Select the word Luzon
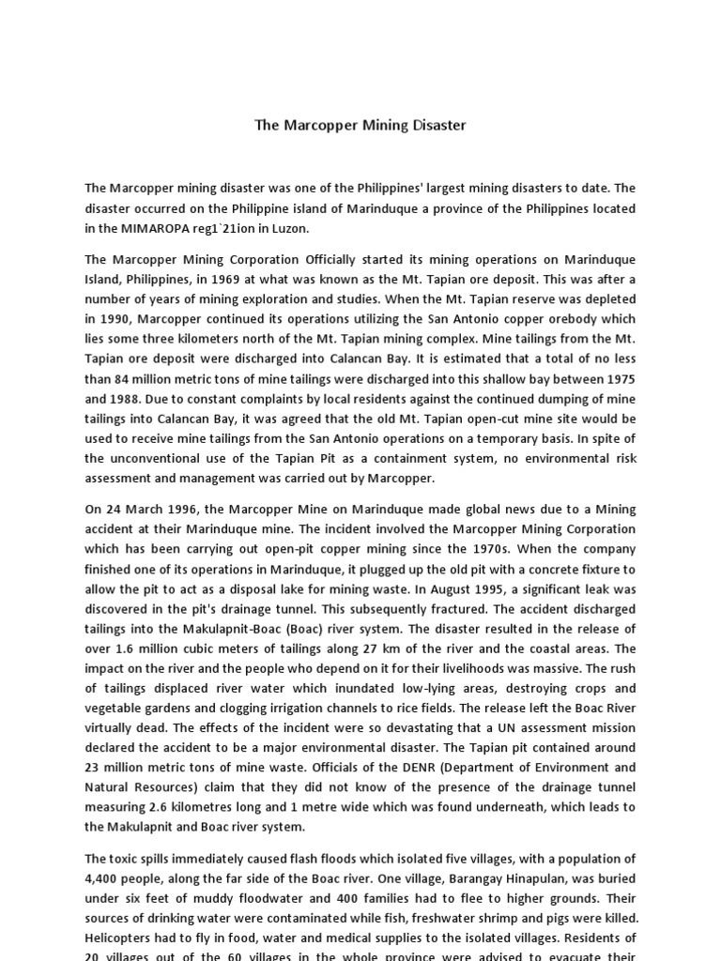coord(287,228)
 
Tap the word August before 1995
coord(440,588)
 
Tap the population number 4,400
coord(103,877)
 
